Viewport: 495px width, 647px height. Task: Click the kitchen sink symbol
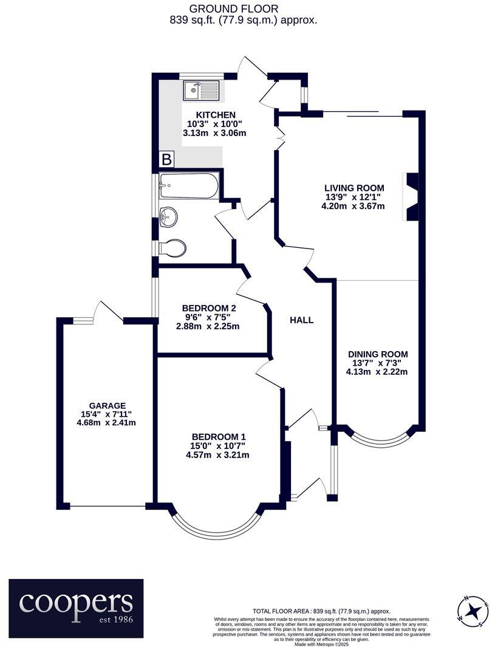tap(200, 92)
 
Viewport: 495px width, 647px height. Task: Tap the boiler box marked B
tap(166, 160)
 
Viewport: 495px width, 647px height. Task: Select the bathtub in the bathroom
tap(188, 186)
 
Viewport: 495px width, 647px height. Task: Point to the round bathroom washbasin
tap(169, 216)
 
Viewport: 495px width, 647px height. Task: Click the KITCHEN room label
tap(216, 115)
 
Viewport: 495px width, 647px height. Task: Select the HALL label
tap(302, 320)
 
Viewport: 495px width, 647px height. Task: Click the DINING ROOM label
tap(377, 354)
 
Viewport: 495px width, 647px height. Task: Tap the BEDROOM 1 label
tap(219, 437)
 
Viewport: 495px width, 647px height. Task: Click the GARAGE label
tap(107, 405)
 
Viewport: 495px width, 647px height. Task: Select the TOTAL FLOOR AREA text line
tap(321, 611)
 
